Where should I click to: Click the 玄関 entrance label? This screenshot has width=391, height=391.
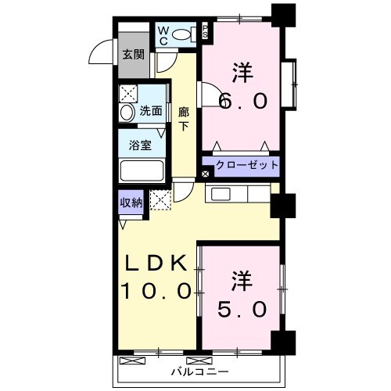coord(133,55)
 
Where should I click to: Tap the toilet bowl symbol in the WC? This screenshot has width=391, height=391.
coord(181,34)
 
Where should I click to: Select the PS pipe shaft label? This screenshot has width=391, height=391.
coord(205,31)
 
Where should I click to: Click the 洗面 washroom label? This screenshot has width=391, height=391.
coord(151,112)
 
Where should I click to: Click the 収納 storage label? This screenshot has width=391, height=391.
coord(131,203)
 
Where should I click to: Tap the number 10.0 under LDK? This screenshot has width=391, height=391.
coord(156,292)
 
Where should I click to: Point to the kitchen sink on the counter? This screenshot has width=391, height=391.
coord(218,195)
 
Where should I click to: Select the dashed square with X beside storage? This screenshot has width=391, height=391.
coord(160,201)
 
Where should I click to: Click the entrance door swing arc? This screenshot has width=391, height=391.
coord(102,52)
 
